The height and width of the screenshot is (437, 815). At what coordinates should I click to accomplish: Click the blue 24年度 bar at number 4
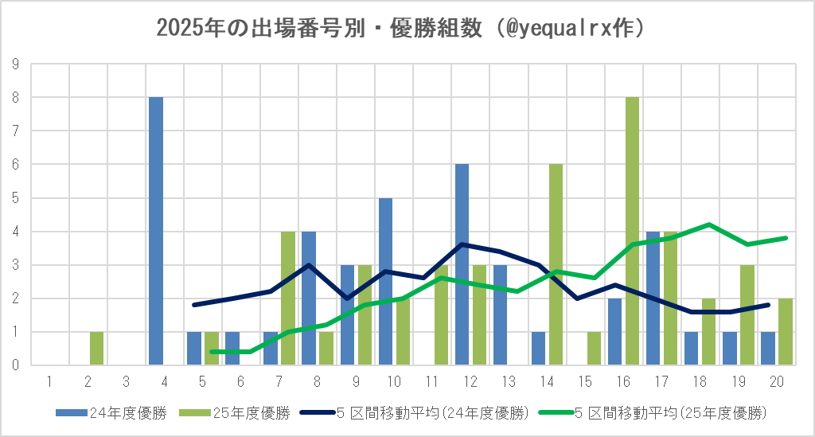click(156, 231)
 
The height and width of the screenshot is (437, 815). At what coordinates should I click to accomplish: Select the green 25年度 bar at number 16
click(633, 231)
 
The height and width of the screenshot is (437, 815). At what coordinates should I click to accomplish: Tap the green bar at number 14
click(556, 264)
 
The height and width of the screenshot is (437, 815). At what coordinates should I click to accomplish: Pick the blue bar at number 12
click(462, 264)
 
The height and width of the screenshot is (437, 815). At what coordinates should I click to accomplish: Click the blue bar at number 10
click(385, 281)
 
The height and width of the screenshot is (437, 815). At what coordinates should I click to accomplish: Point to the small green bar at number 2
click(97, 348)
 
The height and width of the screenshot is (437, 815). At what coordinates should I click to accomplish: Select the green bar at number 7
click(288, 298)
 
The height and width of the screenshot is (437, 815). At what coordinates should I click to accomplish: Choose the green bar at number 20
click(786, 331)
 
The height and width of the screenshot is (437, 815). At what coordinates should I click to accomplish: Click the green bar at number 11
click(442, 315)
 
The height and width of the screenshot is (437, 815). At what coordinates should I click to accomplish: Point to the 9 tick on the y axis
click(15, 64)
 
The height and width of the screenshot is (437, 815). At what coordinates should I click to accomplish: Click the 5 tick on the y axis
click(15, 197)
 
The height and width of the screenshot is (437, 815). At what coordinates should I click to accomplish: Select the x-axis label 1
click(49, 381)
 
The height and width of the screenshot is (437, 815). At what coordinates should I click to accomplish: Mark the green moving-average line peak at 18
click(709, 224)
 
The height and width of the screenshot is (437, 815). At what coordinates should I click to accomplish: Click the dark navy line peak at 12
click(462, 244)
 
